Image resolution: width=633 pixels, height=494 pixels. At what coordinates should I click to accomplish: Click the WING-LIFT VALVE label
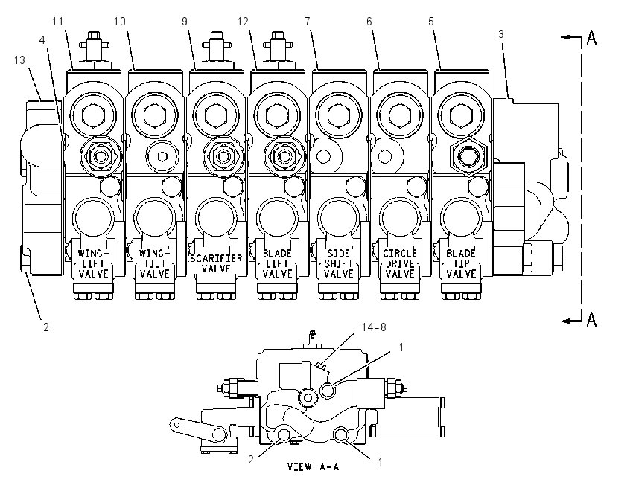pyautogui.click(x=94, y=263)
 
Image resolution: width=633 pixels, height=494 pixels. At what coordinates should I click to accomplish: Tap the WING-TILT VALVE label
pyautogui.click(x=155, y=263)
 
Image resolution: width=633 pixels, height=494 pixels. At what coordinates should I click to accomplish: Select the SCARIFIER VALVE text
pyautogui.click(x=216, y=263)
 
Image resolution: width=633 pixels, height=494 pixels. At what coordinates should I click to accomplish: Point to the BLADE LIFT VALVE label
pyautogui.click(x=277, y=263)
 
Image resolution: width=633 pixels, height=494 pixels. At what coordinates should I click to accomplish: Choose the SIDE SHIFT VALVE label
pyautogui.click(x=339, y=263)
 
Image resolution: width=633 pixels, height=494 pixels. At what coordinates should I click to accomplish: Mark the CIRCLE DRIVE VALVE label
pyautogui.click(x=400, y=263)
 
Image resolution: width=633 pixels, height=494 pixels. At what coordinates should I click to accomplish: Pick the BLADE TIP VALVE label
pyautogui.click(x=461, y=263)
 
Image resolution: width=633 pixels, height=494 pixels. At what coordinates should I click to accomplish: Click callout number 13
pyautogui.click(x=19, y=60)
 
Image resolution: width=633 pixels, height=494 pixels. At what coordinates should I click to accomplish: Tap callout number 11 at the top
pyautogui.click(x=58, y=22)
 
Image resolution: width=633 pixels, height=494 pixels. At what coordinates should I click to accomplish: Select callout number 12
pyautogui.click(x=243, y=22)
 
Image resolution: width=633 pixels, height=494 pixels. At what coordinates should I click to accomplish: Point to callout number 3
pyautogui.click(x=501, y=34)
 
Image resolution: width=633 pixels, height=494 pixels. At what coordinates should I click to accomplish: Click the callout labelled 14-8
pyautogui.click(x=374, y=327)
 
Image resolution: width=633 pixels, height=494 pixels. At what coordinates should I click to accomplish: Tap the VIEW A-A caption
pyautogui.click(x=314, y=467)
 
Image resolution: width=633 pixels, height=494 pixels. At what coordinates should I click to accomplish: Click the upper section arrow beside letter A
pyautogui.click(x=571, y=37)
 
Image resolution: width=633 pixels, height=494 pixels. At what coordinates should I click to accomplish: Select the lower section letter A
pyautogui.click(x=591, y=319)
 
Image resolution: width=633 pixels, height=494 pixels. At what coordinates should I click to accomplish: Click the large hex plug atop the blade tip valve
pyautogui.click(x=461, y=115)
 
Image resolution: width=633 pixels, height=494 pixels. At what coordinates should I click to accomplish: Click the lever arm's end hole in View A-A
pyautogui.click(x=176, y=424)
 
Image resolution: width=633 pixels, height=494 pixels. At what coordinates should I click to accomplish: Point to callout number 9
pyautogui.click(x=185, y=22)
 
